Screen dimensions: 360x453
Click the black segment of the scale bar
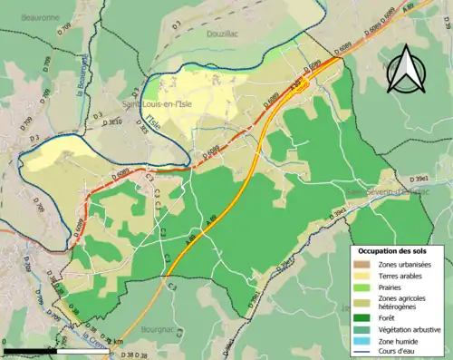click(32, 350)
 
